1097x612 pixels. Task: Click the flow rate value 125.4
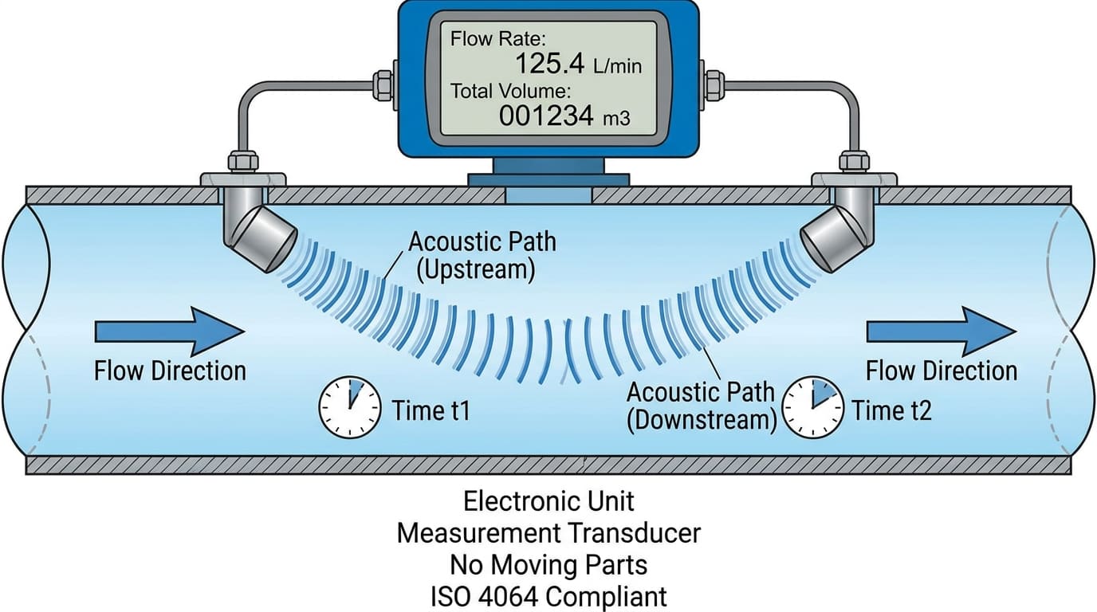point(548,64)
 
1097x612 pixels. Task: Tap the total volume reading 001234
point(546,116)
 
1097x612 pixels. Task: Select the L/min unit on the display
point(616,66)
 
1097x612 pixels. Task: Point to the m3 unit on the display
point(616,119)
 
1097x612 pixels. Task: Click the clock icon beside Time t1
point(349,406)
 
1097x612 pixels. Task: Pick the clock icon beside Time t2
point(812,406)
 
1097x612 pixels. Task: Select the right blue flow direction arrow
point(941,329)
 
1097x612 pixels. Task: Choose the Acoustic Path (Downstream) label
point(701,406)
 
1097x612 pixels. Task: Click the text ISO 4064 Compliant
point(548,596)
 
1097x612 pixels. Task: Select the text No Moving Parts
point(548,565)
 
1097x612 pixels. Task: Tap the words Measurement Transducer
point(548,533)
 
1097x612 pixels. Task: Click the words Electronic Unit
point(548,501)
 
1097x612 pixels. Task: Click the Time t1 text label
point(431,411)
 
